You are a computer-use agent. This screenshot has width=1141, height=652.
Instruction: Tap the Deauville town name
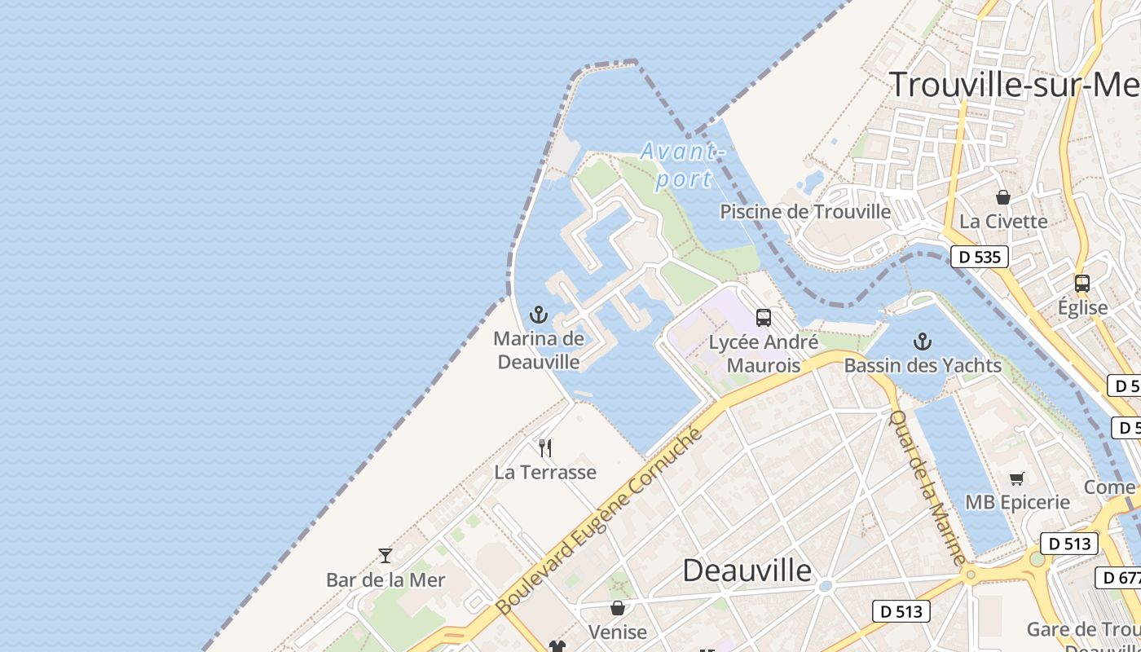click(x=747, y=570)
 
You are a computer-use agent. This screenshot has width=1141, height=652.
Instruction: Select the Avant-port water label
click(x=683, y=165)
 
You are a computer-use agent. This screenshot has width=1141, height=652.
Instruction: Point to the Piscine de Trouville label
click(x=805, y=212)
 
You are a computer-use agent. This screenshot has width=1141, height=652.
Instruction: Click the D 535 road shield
click(x=979, y=258)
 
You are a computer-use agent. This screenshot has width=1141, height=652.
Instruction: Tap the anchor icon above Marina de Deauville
click(x=538, y=315)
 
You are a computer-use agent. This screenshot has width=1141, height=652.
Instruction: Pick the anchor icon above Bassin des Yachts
click(x=923, y=341)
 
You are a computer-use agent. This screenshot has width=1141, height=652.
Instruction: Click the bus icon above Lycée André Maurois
click(x=763, y=318)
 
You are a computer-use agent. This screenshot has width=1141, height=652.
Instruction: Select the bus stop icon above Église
click(x=1082, y=284)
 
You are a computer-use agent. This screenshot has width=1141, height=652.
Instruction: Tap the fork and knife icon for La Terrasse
click(x=545, y=447)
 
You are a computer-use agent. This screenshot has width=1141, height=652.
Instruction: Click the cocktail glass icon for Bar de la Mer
click(x=385, y=556)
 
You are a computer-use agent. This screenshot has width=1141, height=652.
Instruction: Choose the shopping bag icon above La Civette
click(x=1003, y=197)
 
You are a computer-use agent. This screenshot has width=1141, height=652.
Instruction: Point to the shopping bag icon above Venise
click(x=618, y=608)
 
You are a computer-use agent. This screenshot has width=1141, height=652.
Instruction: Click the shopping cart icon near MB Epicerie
click(x=1016, y=478)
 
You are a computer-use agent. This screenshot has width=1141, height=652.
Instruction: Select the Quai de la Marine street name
click(x=926, y=487)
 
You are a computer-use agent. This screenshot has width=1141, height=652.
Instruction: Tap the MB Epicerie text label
click(x=1017, y=502)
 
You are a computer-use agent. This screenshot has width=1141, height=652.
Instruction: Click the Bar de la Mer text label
click(x=385, y=580)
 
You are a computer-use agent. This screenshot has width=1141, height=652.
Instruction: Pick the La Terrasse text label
click(x=545, y=472)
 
